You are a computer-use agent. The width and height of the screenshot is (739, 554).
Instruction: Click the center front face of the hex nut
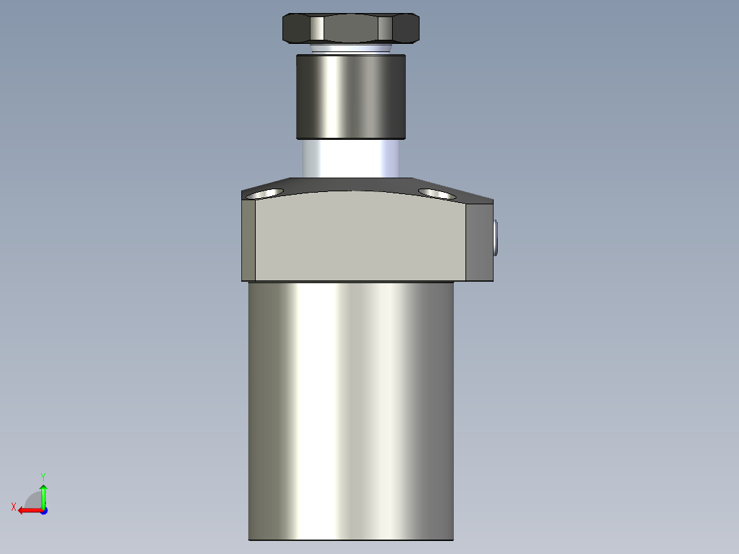click(x=350, y=29)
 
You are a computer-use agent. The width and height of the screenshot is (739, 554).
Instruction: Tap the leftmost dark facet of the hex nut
click(x=296, y=29)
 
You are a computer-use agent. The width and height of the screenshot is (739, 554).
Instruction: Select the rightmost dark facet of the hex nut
click(x=406, y=29)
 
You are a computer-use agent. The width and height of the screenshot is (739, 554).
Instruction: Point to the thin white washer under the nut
click(x=350, y=49)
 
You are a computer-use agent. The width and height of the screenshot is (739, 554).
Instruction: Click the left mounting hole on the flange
click(x=265, y=194)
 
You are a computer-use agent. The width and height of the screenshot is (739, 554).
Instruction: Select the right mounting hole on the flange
click(x=437, y=194)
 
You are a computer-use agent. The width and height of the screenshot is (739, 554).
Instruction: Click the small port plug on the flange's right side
click(x=496, y=237)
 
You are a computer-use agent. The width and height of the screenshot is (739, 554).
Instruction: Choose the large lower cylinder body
click(x=350, y=411)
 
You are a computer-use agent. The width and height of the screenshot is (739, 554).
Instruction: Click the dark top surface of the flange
click(x=356, y=184)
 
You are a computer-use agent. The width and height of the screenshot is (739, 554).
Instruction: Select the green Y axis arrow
click(x=43, y=494)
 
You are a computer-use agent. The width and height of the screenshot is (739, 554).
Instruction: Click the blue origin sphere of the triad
click(x=43, y=510)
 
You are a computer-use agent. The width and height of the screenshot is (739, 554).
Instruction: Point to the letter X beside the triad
click(x=14, y=507)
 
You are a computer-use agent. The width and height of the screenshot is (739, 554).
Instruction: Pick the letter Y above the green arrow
click(x=43, y=476)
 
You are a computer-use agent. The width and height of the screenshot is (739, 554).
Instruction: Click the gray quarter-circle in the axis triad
click(x=34, y=500)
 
